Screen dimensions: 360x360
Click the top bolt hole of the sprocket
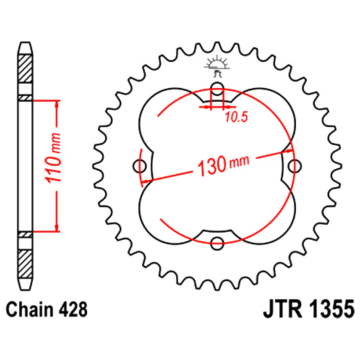pos(217,89)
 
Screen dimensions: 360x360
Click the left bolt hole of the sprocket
pos(139,166)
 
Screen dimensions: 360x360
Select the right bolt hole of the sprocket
pos(294,166)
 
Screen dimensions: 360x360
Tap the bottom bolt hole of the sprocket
pos(217,243)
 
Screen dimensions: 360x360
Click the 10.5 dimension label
pos(237,117)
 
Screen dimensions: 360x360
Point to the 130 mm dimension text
pos(223,165)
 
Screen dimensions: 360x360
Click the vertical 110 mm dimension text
pos(53,158)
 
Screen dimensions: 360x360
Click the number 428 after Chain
pos(73,310)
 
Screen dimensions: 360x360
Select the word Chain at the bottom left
pos(30,310)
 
